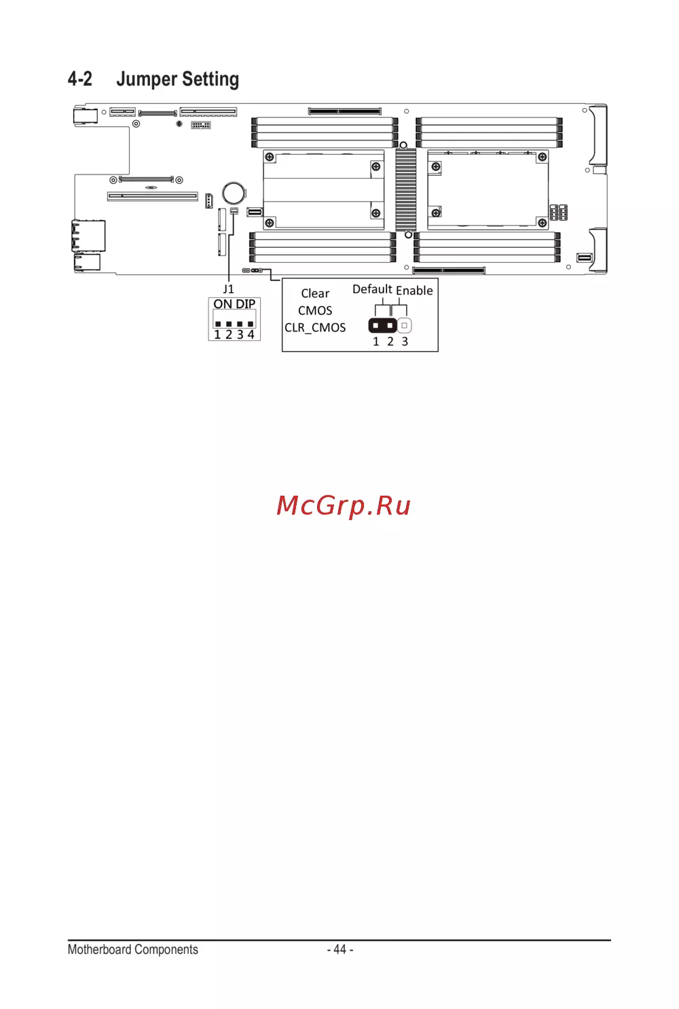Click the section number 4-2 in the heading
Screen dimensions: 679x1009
tap(79, 79)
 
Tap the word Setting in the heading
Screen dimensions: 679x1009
tap(210, 79)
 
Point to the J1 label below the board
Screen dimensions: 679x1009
tap(228, 289)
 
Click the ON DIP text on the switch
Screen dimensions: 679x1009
tap(234, 304)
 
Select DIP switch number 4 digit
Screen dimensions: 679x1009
tap(251, 335)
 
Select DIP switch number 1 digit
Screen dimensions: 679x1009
tap(218, 335)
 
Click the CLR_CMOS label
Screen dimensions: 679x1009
tap(315, 328)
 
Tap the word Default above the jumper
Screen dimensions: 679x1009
tap(372, 289)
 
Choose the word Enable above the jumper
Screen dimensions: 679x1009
tap(414, 291)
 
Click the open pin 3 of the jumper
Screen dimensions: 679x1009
tap(404, 325)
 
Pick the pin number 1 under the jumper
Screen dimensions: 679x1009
tap(375, 342)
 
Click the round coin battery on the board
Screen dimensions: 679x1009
tap(234, 192)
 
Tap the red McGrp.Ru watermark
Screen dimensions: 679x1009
tap(344, 505)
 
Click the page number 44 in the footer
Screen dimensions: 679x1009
tap(339, 950)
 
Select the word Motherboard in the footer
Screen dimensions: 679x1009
tap(99, 950)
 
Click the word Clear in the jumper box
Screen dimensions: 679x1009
tap(315, 294)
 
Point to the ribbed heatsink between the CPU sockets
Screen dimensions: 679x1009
tap(405, 189)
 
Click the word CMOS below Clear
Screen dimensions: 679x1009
tap(315, 311)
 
